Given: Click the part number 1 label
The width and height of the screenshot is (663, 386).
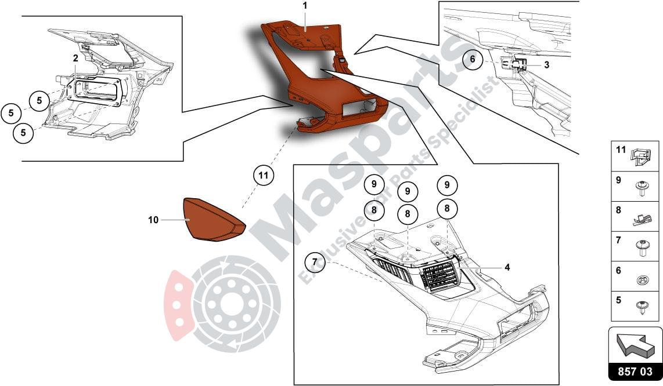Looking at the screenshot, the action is point(305,6).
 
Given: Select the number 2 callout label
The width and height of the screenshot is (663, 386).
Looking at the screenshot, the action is point(75,58).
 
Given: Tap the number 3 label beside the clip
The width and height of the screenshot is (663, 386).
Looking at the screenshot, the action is point(547,65).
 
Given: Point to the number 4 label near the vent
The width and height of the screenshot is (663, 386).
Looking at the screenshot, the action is point(507,267).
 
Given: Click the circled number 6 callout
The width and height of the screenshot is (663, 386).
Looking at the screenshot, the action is point(473,59).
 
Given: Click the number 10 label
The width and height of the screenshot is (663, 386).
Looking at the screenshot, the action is point(153,220).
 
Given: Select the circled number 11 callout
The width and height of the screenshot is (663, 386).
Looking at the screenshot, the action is point(264,175).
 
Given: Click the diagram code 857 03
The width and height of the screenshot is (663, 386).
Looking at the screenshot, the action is point(635,371).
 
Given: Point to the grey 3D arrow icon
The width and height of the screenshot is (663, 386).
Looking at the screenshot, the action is point(636,344).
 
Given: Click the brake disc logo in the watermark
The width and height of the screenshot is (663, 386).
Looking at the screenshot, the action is point(223,304).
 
